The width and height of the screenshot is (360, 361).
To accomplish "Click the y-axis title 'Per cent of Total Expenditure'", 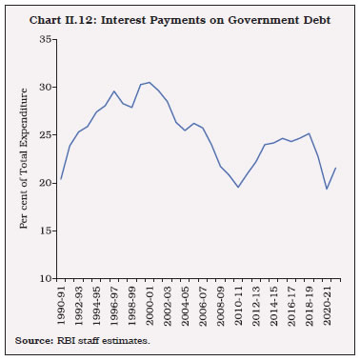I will [24, 159].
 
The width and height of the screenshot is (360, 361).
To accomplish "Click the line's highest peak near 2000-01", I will [150, 82].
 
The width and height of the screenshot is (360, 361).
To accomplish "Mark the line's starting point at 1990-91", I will [60, 178].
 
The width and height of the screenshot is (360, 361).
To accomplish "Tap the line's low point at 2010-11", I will [239, 187].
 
